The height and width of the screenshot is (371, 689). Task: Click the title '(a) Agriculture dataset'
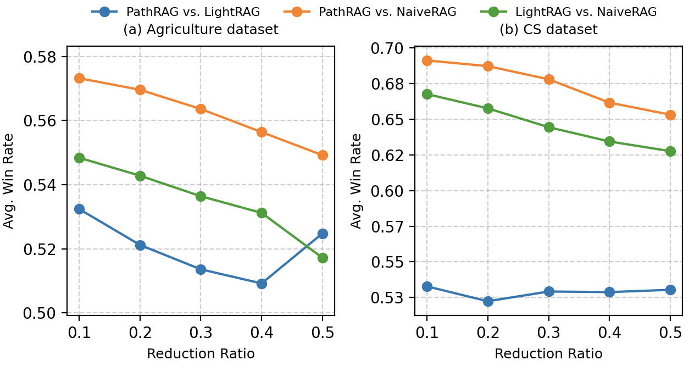pos(201,30)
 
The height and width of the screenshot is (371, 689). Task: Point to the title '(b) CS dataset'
pos(548,30)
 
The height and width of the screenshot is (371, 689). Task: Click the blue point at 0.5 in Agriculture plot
pos(323,234)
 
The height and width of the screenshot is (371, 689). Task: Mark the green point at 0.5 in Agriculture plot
pos(323,258)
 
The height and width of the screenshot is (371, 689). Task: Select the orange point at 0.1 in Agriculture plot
pos(79,78)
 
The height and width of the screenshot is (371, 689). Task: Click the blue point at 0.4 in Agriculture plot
pos(262,284)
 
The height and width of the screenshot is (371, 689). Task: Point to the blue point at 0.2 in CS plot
pos(488,301)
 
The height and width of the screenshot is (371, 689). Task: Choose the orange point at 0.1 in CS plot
pos(427,60)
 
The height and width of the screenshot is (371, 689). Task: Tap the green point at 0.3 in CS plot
pos(548,128)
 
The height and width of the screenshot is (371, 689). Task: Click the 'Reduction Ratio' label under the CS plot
pos(548,354)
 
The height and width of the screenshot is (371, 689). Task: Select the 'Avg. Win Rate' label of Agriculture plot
pos(9,184)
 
